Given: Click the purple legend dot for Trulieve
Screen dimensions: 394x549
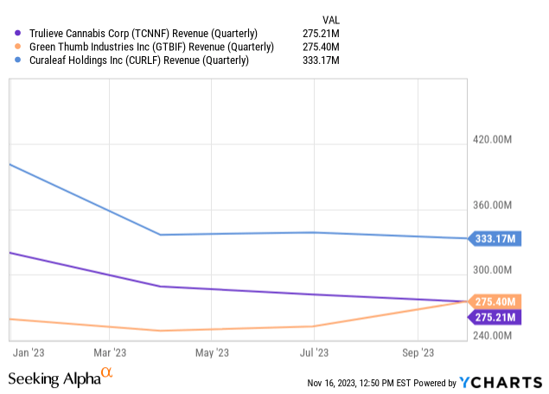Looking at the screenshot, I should point(18,33).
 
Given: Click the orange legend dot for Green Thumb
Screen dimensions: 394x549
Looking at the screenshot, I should point(18,47).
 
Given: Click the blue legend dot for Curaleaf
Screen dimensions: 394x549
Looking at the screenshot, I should point(18,60).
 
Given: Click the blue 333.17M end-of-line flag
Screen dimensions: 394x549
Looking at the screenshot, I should point(495,239).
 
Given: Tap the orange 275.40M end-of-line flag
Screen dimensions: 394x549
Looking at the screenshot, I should point(495,302).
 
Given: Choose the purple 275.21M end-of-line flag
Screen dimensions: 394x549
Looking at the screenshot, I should point(495,317).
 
